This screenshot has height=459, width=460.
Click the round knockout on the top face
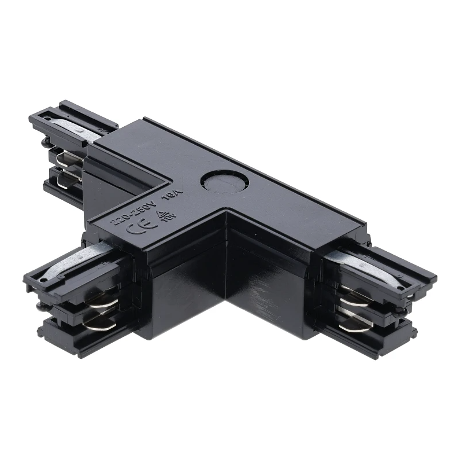coord(222,183)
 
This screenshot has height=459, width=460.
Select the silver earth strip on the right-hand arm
coord(370,269)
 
